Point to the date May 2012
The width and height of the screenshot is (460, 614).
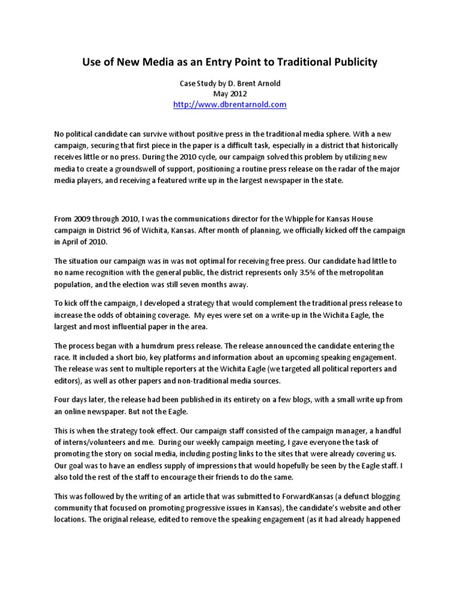229,94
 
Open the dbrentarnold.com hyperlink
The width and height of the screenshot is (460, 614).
229,104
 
